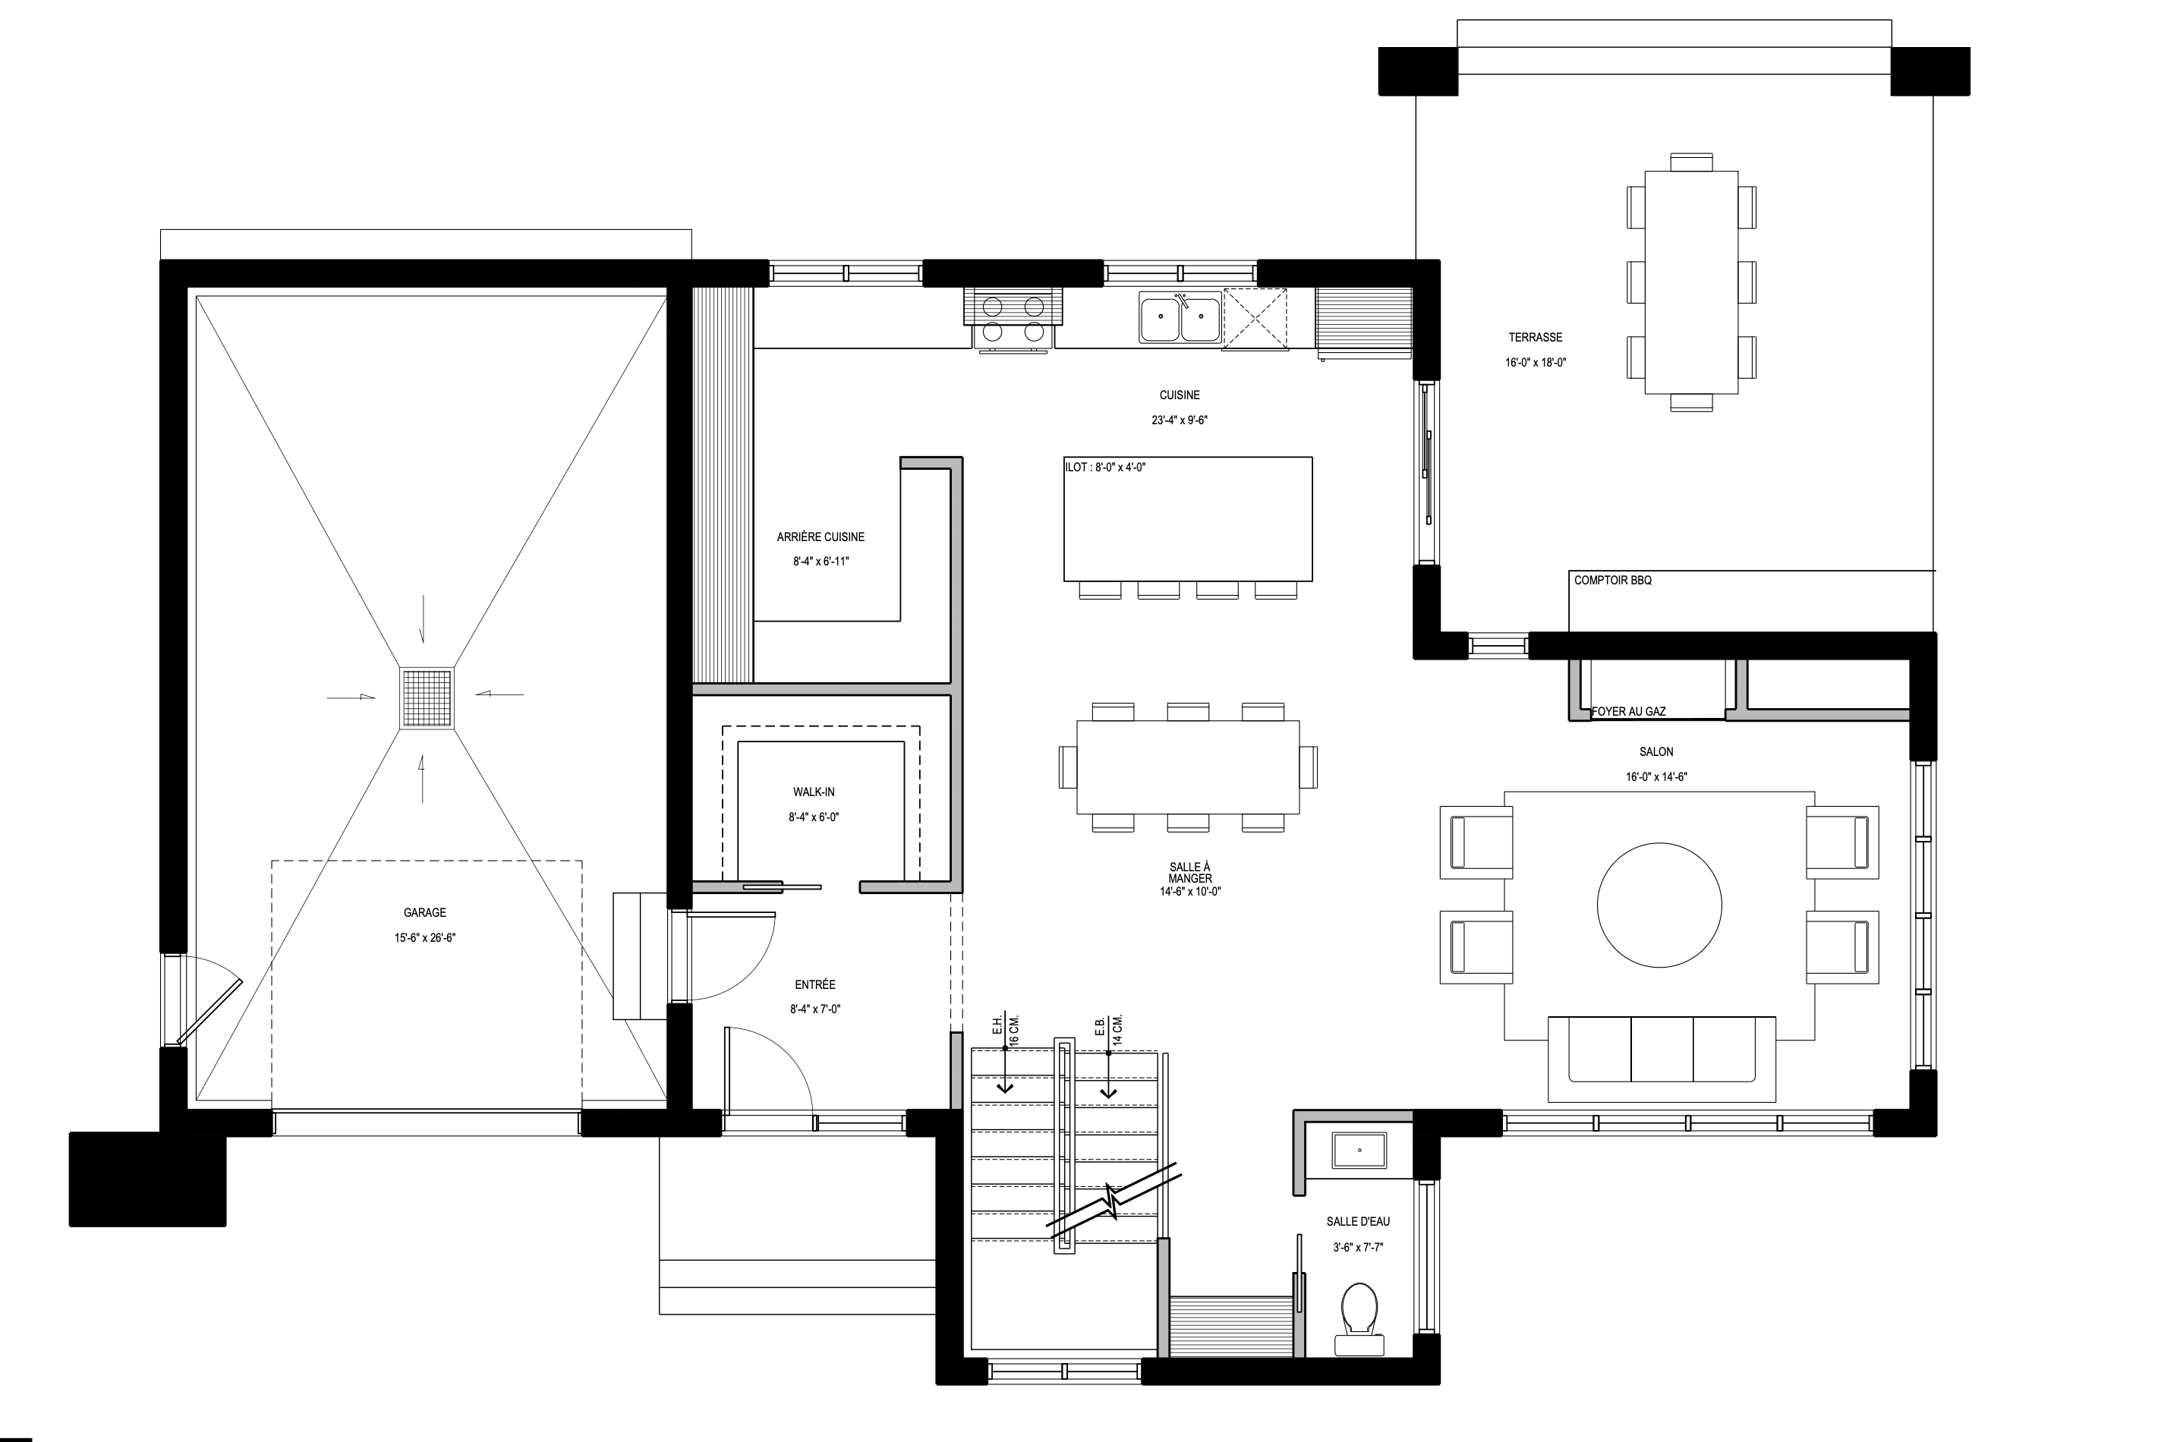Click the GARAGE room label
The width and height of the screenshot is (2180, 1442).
[424, 912]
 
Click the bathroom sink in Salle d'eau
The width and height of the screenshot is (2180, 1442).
[1359, 1151]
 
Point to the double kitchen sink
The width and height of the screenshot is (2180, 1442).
[1181, 318]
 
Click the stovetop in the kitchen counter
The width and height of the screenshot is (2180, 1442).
[1013, 318]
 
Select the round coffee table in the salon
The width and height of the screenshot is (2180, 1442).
[1659, 905]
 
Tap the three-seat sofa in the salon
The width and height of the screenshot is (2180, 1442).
[1662, 1059]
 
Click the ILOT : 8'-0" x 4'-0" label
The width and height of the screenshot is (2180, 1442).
[1106, 468]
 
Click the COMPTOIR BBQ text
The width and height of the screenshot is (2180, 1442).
[1612, 581]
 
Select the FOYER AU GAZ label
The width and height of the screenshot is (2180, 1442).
[1628, 711]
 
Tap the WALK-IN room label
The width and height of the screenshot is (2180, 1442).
[814, 792]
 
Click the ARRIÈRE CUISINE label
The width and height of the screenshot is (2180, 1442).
[821, 536]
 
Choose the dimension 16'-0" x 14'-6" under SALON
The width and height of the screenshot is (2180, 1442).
[1656, 776]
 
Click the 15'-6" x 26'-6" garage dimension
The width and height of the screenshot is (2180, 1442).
[425, 938]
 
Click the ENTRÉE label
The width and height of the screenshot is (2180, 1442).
[815, 984]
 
